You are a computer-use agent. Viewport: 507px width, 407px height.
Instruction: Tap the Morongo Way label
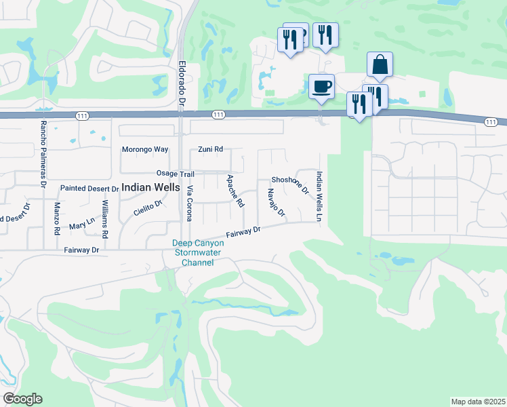click(144, 149)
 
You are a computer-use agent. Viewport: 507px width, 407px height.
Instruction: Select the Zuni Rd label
click(210, 149)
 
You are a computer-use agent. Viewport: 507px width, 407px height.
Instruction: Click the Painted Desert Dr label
click(89, 188)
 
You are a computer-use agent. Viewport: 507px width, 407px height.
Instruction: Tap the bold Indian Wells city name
click(150, 187)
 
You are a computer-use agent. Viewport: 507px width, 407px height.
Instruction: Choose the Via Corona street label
click(190, 203)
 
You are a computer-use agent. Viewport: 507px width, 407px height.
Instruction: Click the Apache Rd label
click(235, 191)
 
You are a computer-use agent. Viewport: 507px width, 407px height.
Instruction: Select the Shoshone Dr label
click(290, 183)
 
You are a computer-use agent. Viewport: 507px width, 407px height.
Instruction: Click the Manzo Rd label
click(57, 219)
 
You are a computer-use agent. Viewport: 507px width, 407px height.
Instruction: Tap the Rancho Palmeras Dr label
click(43, 154)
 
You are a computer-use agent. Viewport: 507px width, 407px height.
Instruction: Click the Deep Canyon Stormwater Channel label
click(197, 253)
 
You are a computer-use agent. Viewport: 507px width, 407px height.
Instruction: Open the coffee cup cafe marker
click(321, 87)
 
